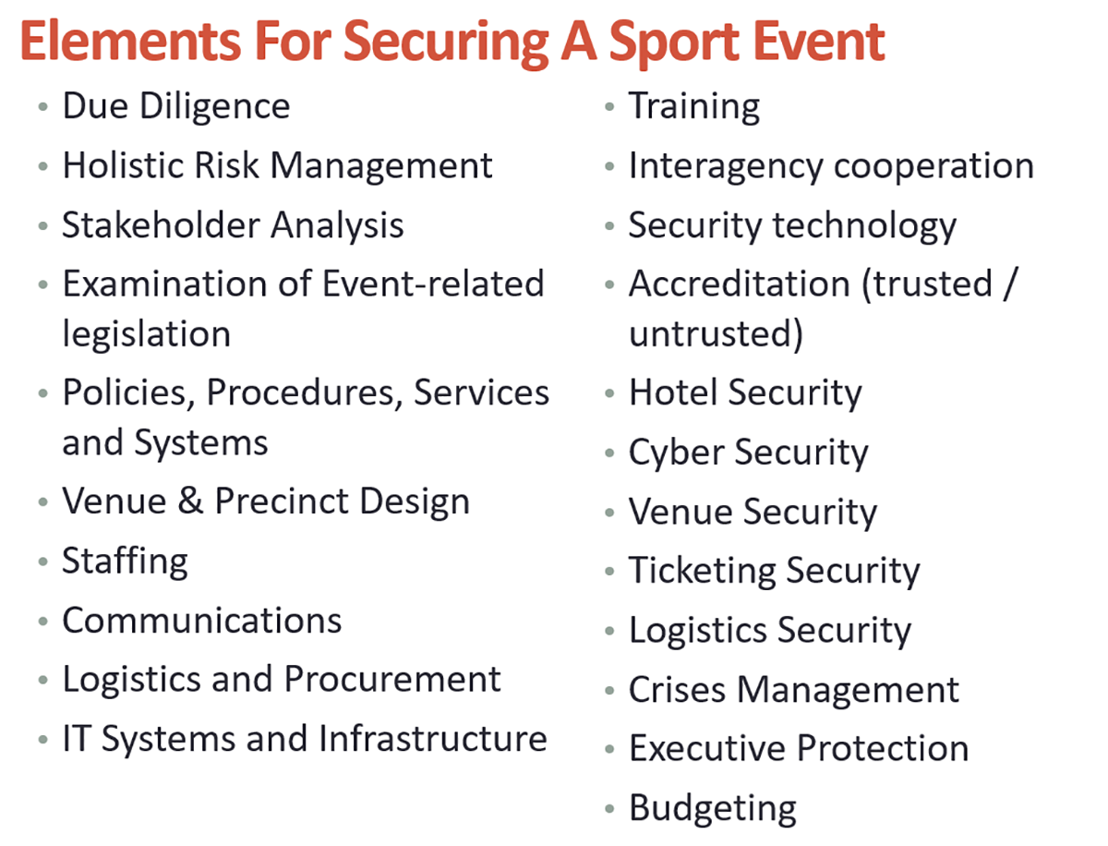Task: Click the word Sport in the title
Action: (674, 43)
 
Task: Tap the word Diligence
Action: (214, 107)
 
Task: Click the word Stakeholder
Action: (160, 224)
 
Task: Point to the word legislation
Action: (147, 335)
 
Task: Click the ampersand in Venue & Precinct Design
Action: (190, 501)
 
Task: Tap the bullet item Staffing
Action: (125, 562)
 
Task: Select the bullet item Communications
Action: (202, 621)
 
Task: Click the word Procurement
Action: (392, 679)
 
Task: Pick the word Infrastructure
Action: (433, 739)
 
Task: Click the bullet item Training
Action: (694, 107)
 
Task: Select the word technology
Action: (864, 226)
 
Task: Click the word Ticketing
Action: (702, 573)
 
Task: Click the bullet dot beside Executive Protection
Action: (609, 749)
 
